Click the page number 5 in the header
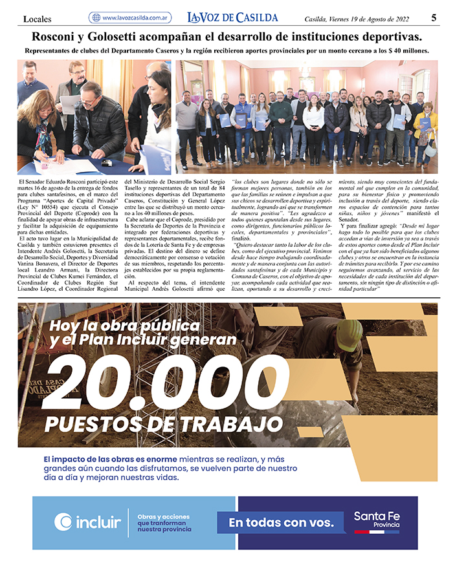click(x=434, y=17)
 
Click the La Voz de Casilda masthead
click(x=232, y=17)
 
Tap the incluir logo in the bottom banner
click(x=88, y=522)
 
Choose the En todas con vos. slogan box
click(x=281, y=522)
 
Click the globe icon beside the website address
click(x=96, y=18)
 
